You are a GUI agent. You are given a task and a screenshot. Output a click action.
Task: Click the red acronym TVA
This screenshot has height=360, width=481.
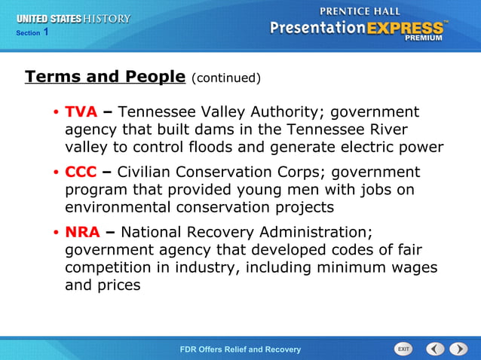[81, 112]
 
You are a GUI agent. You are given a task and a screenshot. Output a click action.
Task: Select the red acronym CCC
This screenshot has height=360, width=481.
[81, 172]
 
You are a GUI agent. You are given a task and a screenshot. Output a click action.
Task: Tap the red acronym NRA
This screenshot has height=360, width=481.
[82, 232]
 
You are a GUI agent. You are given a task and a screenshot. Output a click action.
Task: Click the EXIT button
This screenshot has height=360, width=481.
[403, 349]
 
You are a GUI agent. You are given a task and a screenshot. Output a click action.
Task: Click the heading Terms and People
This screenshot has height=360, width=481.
[105, 76]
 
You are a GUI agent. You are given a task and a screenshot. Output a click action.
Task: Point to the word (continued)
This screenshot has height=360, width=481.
[226, 78]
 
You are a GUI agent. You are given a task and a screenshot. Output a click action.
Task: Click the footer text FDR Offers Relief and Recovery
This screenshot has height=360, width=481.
[240, 349]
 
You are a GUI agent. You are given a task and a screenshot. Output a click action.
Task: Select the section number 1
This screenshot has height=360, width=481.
[46, 32]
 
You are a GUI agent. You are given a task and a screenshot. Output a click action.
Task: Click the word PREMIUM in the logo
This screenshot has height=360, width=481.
[424, 37]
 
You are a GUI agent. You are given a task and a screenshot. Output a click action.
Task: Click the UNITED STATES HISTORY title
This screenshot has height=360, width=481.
[73, 18]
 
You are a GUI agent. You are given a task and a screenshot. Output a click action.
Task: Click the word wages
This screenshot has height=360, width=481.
[413, 267]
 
